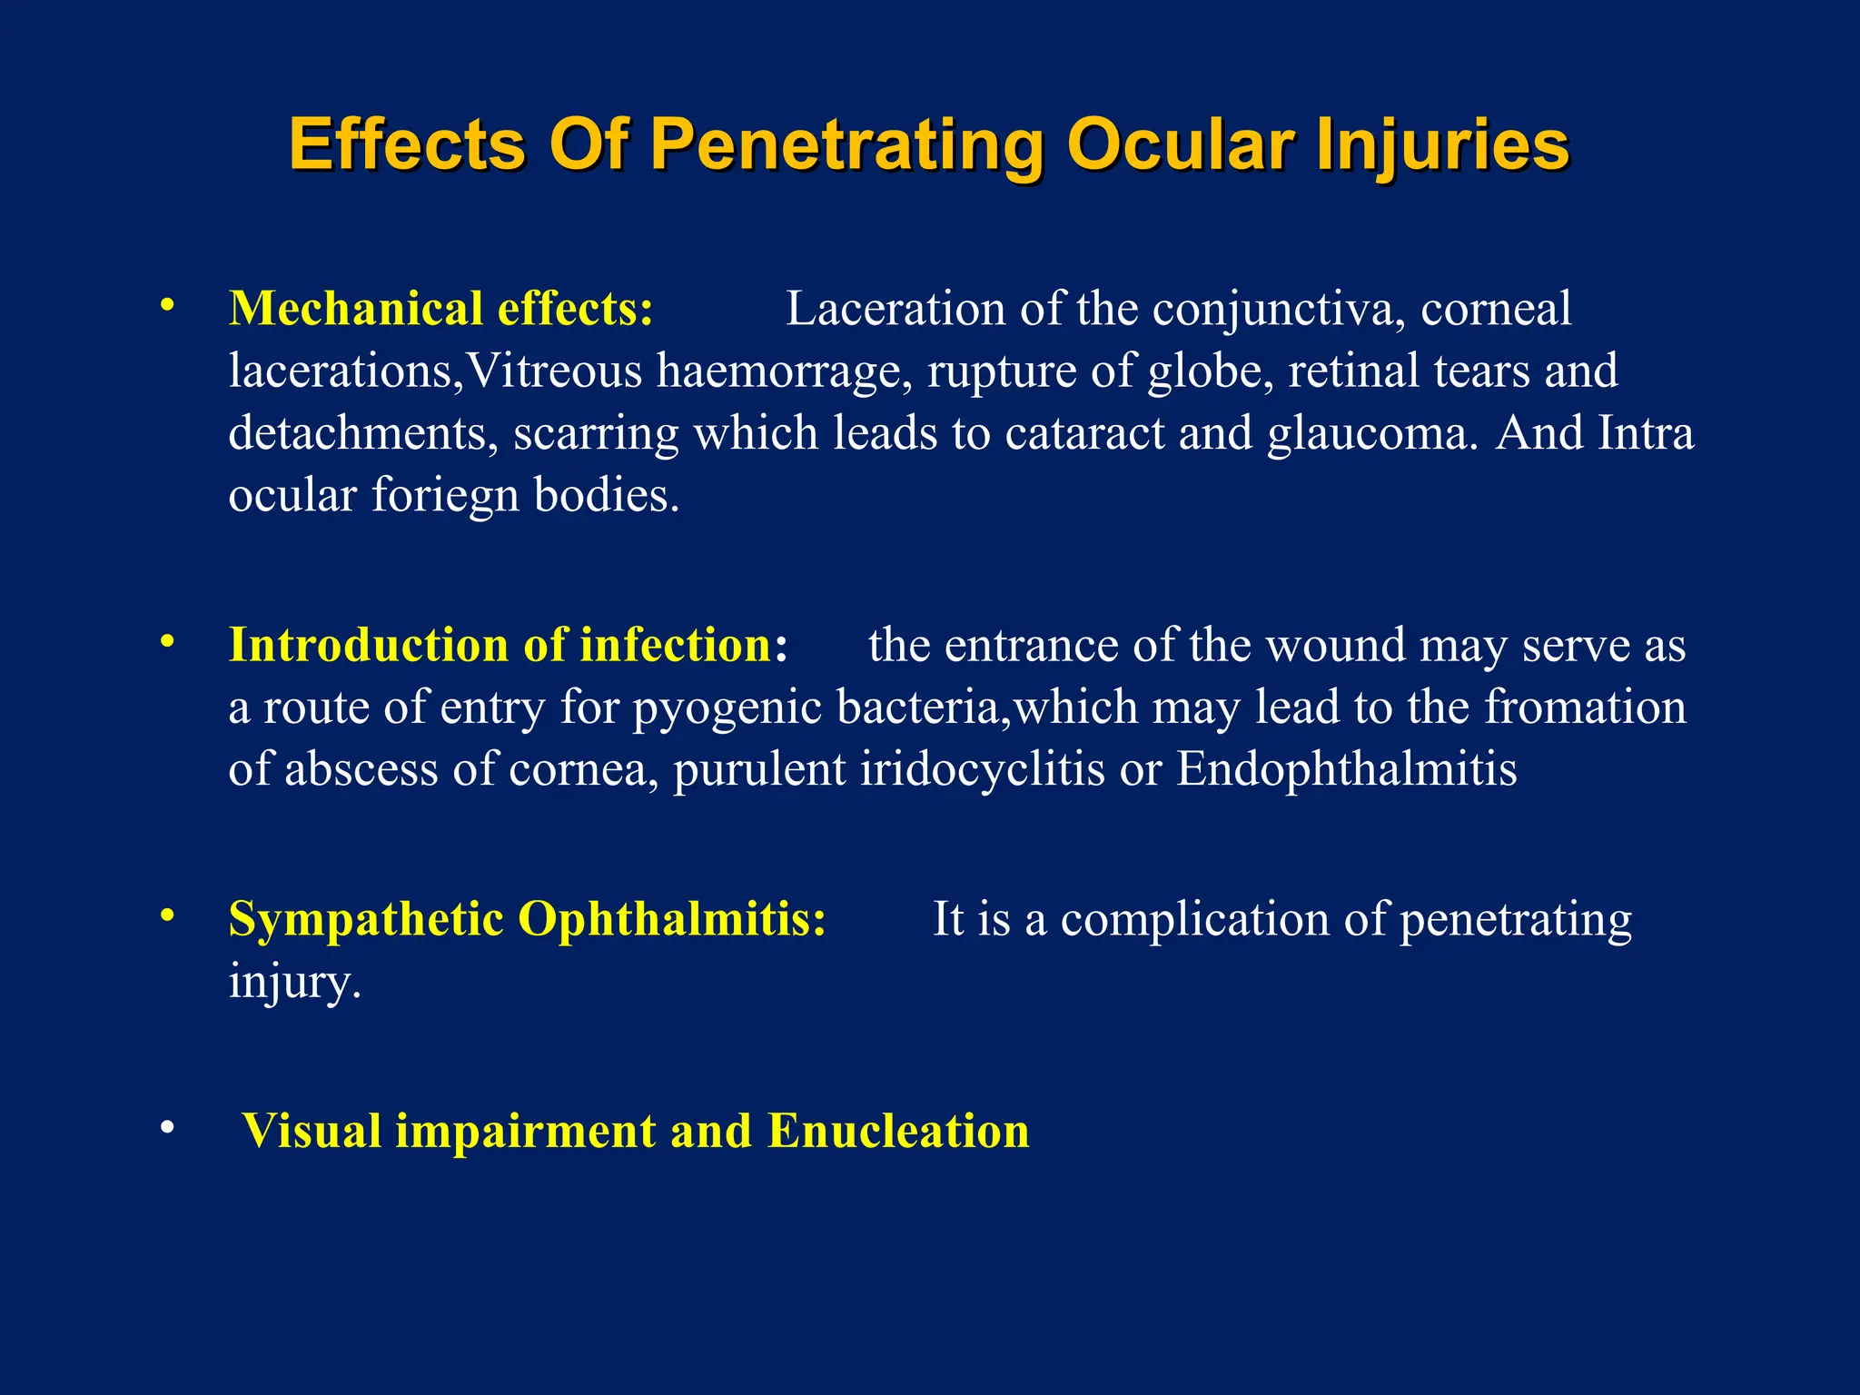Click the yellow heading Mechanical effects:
(440, 309)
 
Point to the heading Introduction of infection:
(508, 645)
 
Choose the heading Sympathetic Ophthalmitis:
(528, 919)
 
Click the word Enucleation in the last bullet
(898, 1132)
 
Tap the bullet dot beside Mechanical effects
(167, 306)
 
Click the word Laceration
(895, 309)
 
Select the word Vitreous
(554, 371)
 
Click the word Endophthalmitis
(1346, 769)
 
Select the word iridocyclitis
(982, 769)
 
